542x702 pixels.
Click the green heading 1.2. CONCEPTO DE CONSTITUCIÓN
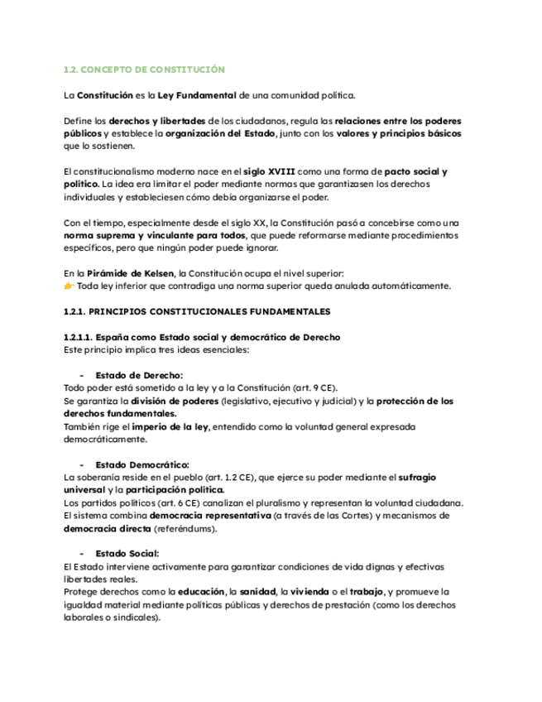click(144, 70)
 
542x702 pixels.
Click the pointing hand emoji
click(69, 286)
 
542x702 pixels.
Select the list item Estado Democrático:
click(141, 464)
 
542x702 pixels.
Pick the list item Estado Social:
click(127, 553)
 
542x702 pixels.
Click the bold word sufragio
click(418, 477)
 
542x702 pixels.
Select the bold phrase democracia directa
click(107, 528)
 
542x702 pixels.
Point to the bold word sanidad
click(258, 592)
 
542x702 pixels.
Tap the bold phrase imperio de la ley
click(171, 426)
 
